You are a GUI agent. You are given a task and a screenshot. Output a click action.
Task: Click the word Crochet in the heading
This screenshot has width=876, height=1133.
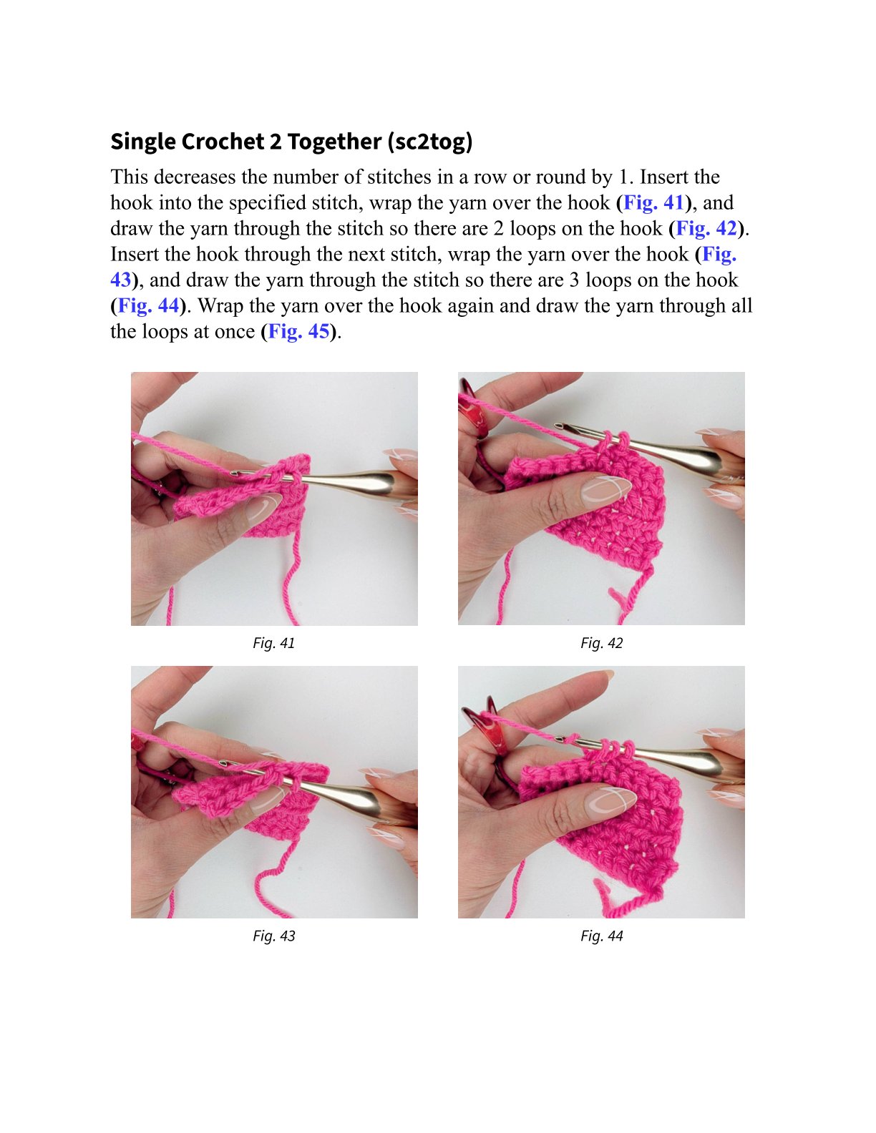[223, 142]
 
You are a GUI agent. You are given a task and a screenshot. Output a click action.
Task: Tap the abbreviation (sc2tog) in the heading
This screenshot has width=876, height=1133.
[430, 142]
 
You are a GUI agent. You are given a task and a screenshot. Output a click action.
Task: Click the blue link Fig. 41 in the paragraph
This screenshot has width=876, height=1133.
[653, 202]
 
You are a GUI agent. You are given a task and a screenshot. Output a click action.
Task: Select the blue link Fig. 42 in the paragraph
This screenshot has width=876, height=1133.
[707, 228]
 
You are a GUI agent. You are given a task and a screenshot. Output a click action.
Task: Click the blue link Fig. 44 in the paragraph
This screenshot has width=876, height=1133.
[149, 305]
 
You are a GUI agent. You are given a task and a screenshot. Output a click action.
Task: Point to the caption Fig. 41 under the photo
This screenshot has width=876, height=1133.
[274, 643]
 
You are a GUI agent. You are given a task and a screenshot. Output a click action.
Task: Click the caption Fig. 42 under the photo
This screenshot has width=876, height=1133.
[602, 643]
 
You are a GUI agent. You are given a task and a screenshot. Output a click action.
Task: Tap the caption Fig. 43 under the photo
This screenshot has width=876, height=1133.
[274, 936]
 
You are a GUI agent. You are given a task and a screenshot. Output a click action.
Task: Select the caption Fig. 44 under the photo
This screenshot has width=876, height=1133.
[602, 936]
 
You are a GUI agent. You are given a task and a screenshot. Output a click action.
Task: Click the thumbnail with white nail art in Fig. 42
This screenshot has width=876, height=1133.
[606, 491]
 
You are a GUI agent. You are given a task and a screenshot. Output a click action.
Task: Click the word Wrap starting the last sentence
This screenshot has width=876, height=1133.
[220, 305]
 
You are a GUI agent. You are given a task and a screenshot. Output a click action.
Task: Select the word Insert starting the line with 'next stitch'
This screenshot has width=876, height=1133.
[135, 254]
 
